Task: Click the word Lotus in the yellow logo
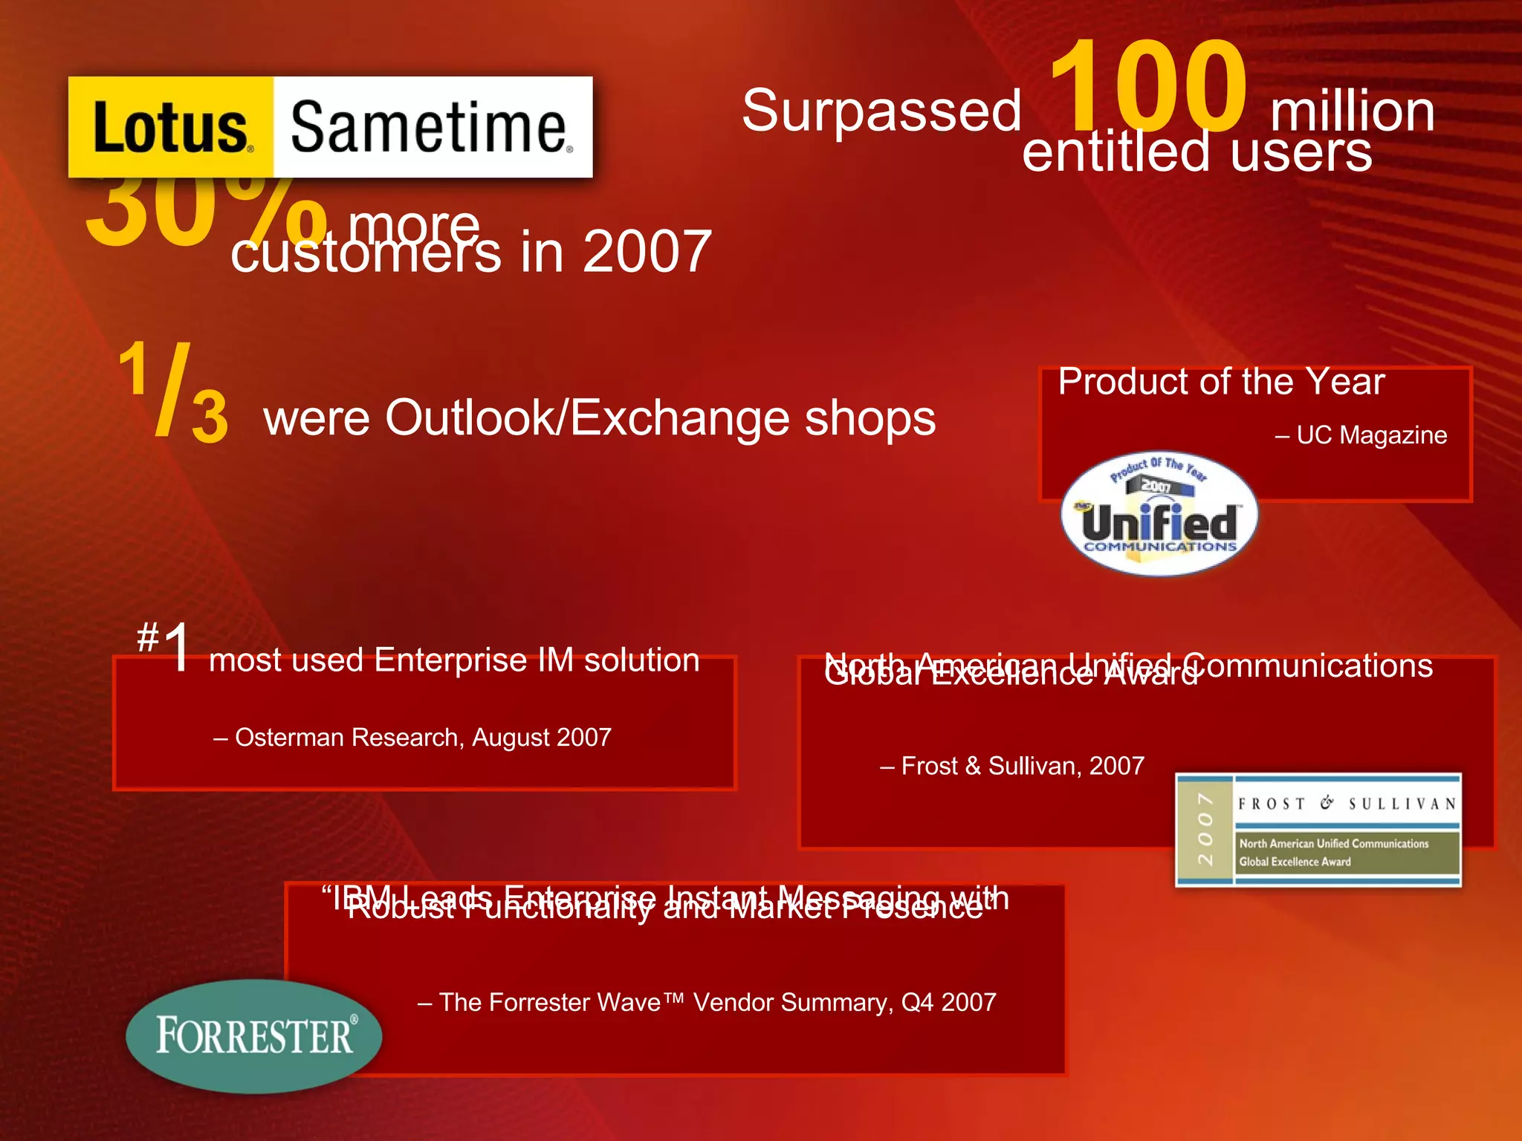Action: click(171, 128)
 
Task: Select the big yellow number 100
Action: click(1148, 88)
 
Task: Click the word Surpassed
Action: click(882, 111)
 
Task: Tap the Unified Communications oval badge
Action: click(1159, 514)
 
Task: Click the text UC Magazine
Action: click(1371, 435)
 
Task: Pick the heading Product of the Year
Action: click(1221, 382)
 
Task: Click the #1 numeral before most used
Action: click(165, 646)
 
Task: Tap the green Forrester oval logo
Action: click(254, 1036)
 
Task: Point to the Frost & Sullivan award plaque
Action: click(1318, 830)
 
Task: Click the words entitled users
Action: click(1196, 152)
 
